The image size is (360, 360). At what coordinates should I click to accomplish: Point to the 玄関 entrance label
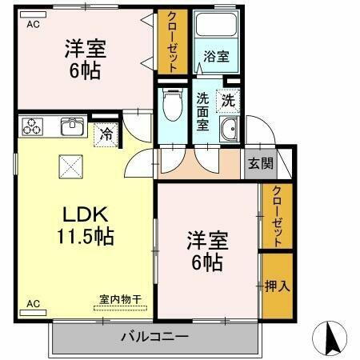[259, 164]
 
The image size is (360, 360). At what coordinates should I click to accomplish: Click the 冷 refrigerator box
[106, 134]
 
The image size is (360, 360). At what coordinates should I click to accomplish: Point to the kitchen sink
[72, 126]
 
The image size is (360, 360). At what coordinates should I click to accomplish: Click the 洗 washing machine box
[228, 102]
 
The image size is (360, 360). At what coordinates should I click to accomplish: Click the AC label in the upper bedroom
[33, 25]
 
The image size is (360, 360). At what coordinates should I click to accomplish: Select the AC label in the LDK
[33, 304]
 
